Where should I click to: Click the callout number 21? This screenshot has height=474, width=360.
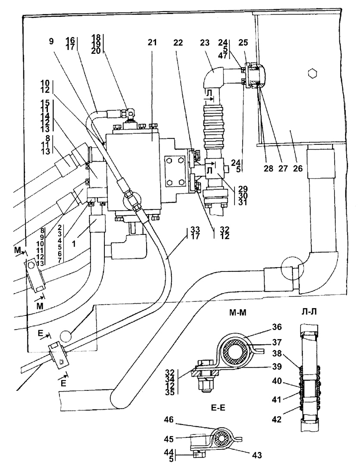[153, 43]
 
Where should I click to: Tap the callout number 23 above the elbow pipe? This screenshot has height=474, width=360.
[205, 43]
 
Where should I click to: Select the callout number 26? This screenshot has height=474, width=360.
[297, 168]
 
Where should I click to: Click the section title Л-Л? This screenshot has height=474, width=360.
[309, 312]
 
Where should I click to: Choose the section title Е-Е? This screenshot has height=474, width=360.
[218, 409]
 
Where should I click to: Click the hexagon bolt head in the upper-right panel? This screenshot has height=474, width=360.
[312, 73]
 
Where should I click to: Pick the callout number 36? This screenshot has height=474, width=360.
[276, 327]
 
